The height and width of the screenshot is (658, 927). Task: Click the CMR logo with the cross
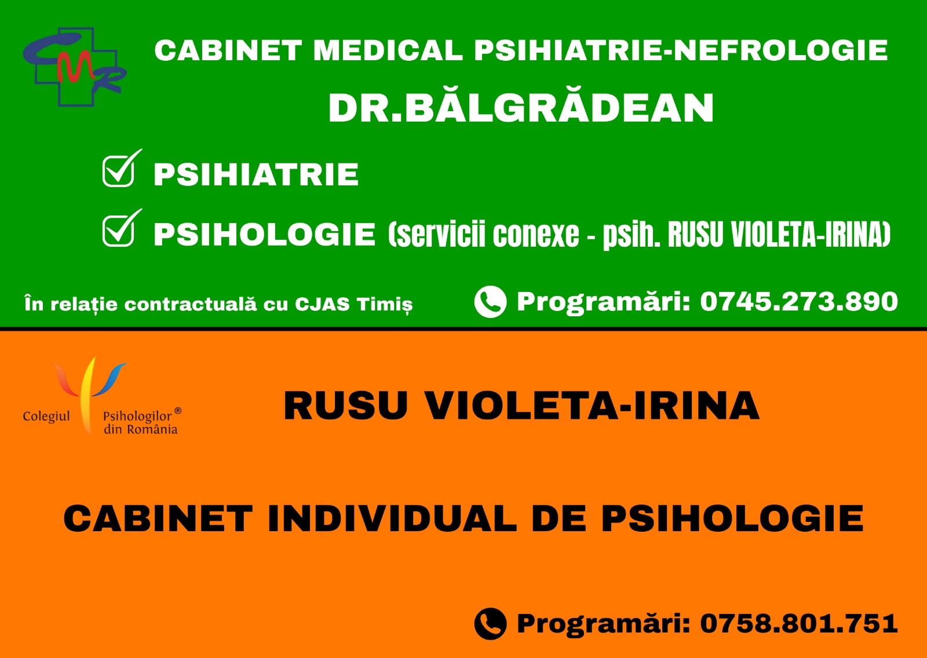(x=75, y=67)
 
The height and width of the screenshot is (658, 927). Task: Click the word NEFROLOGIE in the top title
(x=782, y=50)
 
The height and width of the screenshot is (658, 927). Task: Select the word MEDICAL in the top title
(x=388, y=50)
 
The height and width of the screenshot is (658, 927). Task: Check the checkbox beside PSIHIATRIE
(x=119, y=170)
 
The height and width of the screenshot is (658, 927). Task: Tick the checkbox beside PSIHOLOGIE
(x=119, y=231)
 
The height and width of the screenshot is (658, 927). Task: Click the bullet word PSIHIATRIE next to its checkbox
(x=256, y=175)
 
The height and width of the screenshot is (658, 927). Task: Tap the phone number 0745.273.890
(x=799, y=301)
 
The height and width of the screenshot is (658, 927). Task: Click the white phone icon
(x=490, y=302)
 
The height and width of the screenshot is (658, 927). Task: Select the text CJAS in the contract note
(x=322, y=304)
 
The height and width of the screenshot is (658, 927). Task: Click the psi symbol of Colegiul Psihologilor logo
(x=88, y=393)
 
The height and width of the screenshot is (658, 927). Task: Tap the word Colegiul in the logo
(x=46, y=416)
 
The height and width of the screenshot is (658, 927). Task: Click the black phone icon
(x=490, y=624)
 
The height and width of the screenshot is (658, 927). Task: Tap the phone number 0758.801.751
(x=799, y=623)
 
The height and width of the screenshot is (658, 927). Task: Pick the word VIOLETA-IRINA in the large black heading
(x=593, y=406)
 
